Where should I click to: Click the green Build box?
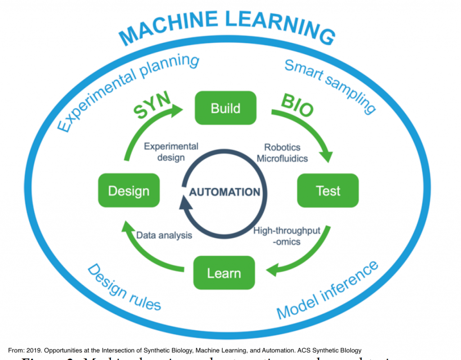click(x=225, y=108)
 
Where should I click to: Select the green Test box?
click(x=328, y=191)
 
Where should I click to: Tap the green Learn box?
click(x=224, y=273)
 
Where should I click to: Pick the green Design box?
click(x=128, y=191)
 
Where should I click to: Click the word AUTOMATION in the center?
click(x=225, y=192)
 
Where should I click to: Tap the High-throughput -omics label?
click(x=287, y=236)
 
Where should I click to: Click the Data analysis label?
click(x=164, y=235)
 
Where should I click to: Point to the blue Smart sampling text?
click(x=330, y=86)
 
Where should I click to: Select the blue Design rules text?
click(x=123, y=287)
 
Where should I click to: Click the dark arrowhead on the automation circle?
click(x=185, y=205)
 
